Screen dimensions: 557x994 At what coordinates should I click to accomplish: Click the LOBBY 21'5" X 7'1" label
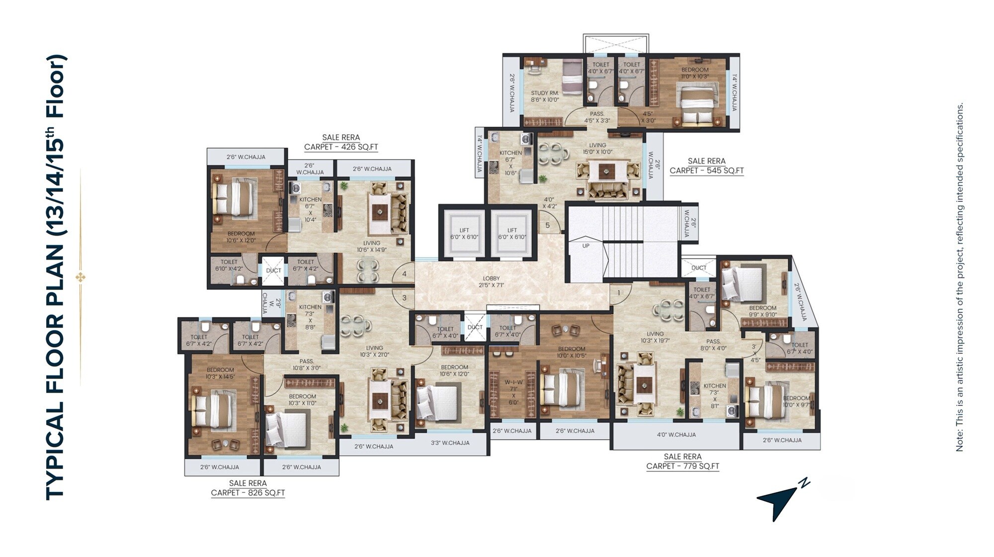[x=491, y=282]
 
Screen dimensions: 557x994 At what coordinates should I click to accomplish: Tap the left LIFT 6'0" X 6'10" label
[x=464, y=234]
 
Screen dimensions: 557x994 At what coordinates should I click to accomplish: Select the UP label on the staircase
[x=586, y=246]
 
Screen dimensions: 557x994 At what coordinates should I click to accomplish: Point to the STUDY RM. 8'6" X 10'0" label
[x=545, y=96]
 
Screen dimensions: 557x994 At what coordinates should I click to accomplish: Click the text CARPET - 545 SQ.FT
[x=706, y=171]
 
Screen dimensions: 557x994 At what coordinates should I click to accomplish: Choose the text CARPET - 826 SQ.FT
[x=248, y=493]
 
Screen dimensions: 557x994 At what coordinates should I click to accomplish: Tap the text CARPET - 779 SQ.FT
[x=682, y=466]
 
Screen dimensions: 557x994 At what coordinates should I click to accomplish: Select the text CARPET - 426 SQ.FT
[x=341, y=147]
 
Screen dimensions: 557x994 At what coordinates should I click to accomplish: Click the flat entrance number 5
[x=548, y=225]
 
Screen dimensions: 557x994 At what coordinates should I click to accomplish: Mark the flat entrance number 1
[x=618, y=292]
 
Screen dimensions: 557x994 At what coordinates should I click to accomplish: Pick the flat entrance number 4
[x=405, y=274]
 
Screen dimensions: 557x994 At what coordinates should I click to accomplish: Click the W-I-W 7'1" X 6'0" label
[x=513, y=392]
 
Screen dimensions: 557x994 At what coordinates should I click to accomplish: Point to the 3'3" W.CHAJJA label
[x=450, y=443]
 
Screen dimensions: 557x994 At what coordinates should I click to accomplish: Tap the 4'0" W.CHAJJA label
[x=676, y=435]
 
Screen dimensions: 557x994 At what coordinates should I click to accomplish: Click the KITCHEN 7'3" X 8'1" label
[x=715, y=395]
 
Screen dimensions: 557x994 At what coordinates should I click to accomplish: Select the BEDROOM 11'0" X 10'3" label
[x=695, y=73]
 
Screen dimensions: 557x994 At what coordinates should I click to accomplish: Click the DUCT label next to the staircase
[x=699, y=268]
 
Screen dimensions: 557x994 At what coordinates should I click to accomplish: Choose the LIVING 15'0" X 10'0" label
[x=597, y=149]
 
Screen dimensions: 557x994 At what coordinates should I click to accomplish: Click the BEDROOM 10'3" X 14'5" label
[x=220, y=373]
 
